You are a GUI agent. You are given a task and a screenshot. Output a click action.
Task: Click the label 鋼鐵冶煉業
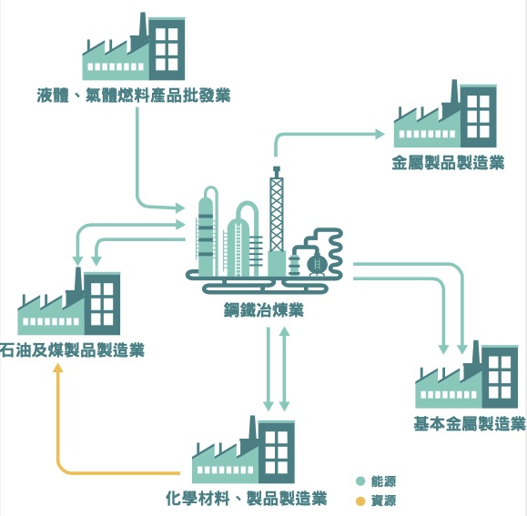click(x=264, y=310)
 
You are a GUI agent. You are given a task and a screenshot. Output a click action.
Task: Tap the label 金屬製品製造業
click(x=449, y=163)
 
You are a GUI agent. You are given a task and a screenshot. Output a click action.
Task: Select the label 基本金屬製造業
click(x=470, y=423)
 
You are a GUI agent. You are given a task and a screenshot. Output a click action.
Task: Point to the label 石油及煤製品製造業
click(x=72, y=349)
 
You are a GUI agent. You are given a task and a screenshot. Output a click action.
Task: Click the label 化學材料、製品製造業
click(x=247, y=498)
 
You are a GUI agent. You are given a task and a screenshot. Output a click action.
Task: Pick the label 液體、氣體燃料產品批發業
click(x=134, y=95)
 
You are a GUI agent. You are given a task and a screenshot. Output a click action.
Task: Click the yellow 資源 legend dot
click(x=360, y=501)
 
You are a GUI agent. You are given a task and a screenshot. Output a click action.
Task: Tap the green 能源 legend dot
click(x=360, y=481)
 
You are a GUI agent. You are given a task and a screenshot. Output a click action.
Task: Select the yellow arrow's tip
click(x=59, y=364)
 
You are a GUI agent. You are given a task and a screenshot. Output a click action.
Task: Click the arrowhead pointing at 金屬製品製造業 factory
click(x=380, y=135)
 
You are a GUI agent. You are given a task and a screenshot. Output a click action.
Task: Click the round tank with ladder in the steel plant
click(x=316, y=263)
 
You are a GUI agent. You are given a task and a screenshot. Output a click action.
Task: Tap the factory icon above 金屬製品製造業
click(x=445, y=115)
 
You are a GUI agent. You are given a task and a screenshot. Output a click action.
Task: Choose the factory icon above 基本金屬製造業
click(x=467, y=375)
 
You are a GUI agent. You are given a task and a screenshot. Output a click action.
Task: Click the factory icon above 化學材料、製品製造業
click(x=243, y=450)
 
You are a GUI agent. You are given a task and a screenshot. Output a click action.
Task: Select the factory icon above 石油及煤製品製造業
click(x=69, y=301)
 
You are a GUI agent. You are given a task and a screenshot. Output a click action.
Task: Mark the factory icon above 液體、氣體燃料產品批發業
click(x=134, y=46)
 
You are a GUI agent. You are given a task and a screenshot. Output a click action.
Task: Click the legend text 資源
click(x=383, y=501)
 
